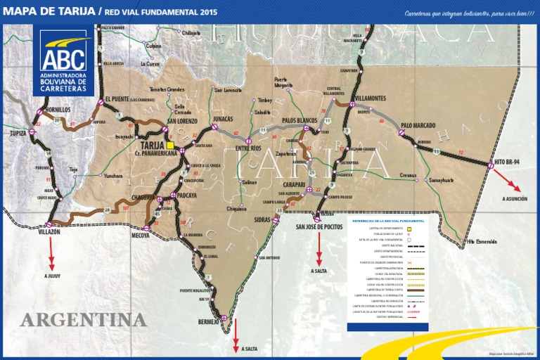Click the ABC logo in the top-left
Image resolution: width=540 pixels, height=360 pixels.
[x=63, y=59]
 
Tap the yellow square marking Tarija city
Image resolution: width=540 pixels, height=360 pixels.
[x=170, y=145]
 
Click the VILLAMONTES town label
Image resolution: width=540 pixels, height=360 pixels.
[x=370, y=98]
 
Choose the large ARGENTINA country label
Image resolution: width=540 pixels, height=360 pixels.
[x=84, y=321]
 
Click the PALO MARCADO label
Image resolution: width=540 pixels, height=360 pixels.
[x=418, y=126]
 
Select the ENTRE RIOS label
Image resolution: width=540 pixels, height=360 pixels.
[x=247, y=148]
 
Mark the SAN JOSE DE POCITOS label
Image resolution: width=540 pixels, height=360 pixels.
[x=320, y=226]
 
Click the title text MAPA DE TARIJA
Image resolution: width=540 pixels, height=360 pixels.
[x=49, y=12]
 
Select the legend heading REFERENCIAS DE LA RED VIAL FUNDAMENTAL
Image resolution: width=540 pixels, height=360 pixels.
[x=388, y=221]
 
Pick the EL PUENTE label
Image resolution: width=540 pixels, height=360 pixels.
[x=119, y=98]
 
